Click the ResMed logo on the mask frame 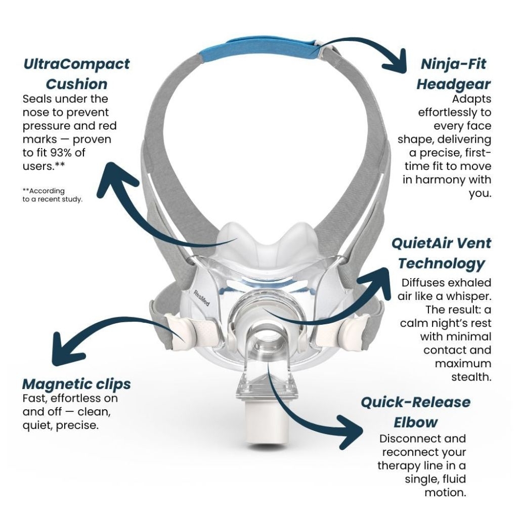201,298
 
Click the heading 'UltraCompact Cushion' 76,74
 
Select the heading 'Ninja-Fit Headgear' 453,74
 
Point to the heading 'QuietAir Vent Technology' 441,253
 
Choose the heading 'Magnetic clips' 76,384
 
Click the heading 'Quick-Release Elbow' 416,412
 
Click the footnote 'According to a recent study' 52,195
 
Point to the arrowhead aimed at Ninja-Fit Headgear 396,63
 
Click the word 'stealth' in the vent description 471,377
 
